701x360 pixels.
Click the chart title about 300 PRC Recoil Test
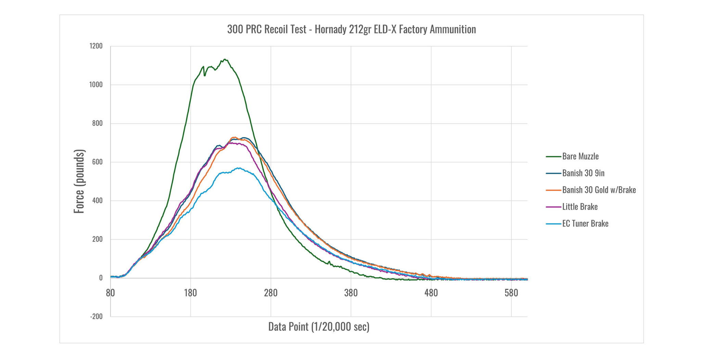(x=352, y=29)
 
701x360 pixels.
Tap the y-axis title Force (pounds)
(x=79, y=181)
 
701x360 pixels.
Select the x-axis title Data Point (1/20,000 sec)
(x=319, y=327)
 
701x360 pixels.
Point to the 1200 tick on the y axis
(x=96, y=46)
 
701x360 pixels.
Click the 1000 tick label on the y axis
(x=96, y=85)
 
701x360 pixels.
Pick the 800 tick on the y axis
(x=97, y=124)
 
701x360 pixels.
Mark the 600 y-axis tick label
(x=97, y=162)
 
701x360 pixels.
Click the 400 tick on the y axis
(x=97, y=201)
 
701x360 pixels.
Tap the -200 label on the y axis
(x=96, y=317)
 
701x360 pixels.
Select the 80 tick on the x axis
(x=110, y=293)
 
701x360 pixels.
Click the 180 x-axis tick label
(x=190, y=293)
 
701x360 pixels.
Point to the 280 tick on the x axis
(x=271, y=293)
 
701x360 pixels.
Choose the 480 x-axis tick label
(x=431, y=293)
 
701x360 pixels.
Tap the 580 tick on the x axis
(x=511, y=293)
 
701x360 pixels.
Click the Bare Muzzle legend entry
(x=580, y=156)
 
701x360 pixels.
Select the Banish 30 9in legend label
(x=583, y=173)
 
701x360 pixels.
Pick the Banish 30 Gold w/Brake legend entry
(x=599, y=190)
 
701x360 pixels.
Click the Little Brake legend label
(x=580, y=207)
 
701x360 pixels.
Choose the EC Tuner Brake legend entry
(x=585, y=223)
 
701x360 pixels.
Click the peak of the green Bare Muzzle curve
(x=225, y=60)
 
